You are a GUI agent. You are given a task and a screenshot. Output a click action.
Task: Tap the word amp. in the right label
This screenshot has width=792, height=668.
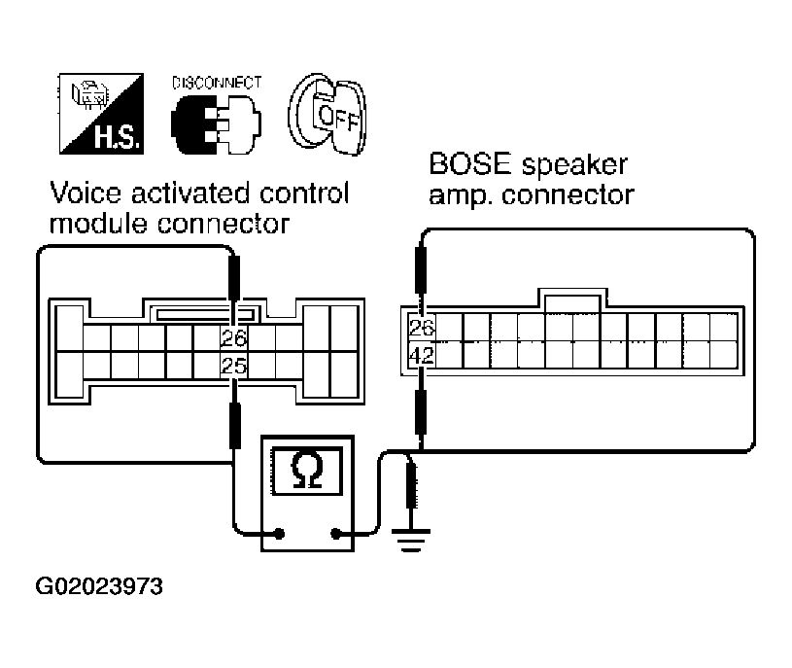(x=460, y=194)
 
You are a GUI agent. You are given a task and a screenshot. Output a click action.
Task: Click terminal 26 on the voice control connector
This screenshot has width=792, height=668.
(x=234, y=339)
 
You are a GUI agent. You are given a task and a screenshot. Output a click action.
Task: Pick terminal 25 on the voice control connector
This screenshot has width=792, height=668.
(x=234, y=367)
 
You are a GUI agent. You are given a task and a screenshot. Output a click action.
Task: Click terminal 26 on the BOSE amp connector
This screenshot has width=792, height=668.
(x=421, y=327)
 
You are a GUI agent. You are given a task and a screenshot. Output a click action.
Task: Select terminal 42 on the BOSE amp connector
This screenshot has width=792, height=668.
(x=421, y=356)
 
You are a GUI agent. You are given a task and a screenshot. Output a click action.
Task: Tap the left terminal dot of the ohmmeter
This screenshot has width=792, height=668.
(x=279, y=533)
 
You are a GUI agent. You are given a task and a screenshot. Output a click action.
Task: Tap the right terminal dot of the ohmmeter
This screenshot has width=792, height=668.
(x=336, y=533)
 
